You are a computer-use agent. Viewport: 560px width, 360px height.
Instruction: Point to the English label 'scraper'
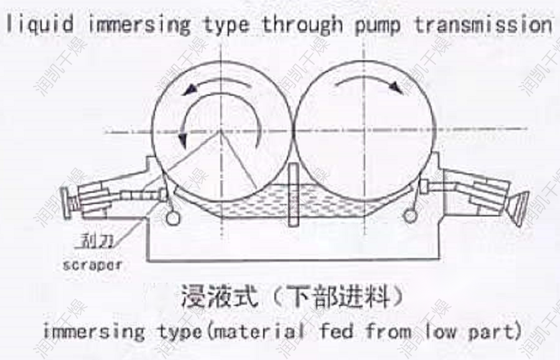tap(92, 265)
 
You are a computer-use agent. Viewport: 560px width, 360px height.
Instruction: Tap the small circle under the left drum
tap(174, 218)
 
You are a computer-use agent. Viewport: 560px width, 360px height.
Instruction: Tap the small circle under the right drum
tap(409, 216)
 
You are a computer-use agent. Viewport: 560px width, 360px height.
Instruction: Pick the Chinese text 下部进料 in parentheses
tap(335, 297)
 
